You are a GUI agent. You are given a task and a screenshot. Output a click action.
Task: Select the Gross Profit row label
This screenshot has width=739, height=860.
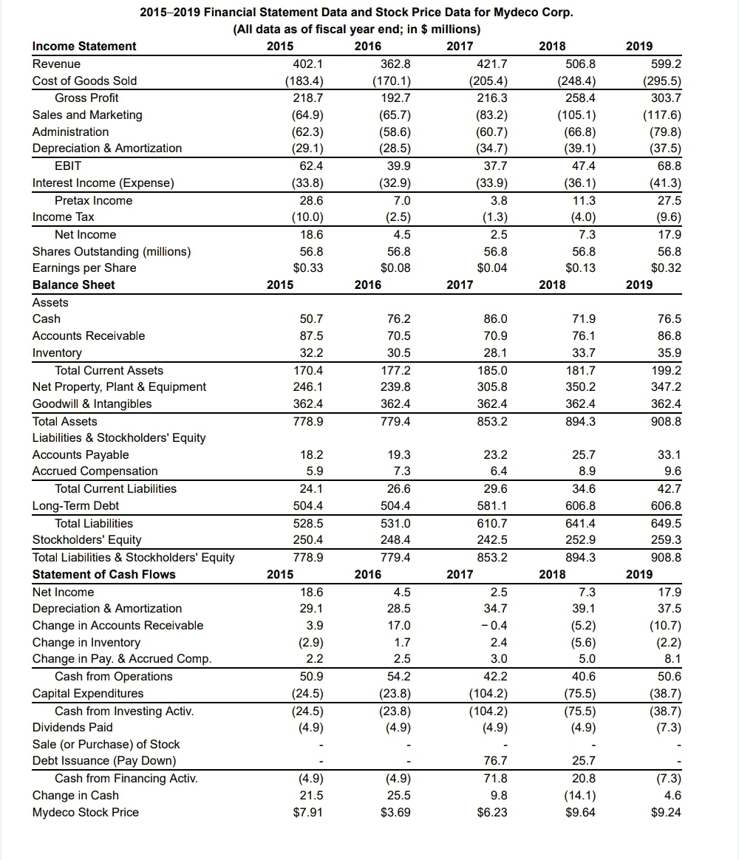click(x=86, y=98)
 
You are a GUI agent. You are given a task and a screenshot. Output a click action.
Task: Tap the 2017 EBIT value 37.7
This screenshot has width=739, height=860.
click(x=493, y=165)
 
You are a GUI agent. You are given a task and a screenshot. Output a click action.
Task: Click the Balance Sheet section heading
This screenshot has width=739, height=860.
click(x=73, y=284)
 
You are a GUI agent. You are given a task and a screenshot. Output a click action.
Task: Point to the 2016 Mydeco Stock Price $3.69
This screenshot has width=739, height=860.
click(x=395, y=813)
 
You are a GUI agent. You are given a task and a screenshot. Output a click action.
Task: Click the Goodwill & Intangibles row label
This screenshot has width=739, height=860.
click(x=92, y=403)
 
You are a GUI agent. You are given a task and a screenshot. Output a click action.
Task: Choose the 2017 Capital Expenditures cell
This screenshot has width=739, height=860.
click(x=488, y=693)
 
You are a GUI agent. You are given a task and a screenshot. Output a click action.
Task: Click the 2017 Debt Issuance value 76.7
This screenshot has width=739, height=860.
click(x=493, y=761)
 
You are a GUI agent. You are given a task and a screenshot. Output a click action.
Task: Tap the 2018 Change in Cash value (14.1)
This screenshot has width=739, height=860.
click(x=579, y=795)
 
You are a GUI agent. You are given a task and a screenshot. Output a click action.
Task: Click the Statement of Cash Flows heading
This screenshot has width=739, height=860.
click(x=104, y=574)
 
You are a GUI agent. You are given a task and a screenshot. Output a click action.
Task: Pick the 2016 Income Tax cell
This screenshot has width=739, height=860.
click(x=398, y=217)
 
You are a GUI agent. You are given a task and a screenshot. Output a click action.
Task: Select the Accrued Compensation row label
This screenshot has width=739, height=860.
click(x=95, y=471)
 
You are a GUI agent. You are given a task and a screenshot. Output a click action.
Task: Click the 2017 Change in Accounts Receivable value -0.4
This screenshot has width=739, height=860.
click(x=492, y=625)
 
